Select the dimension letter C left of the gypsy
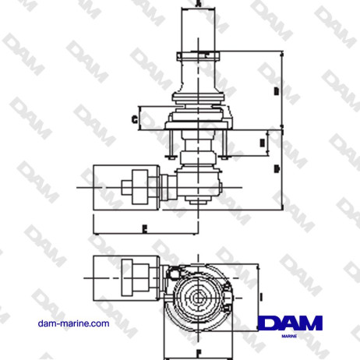(135, 119)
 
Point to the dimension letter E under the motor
(145, 228)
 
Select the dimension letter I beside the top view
(262, 296)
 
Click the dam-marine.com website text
(73, 322)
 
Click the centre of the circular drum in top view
(199, 296)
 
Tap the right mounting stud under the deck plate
(228, 145)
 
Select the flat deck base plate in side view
(199, 129)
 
